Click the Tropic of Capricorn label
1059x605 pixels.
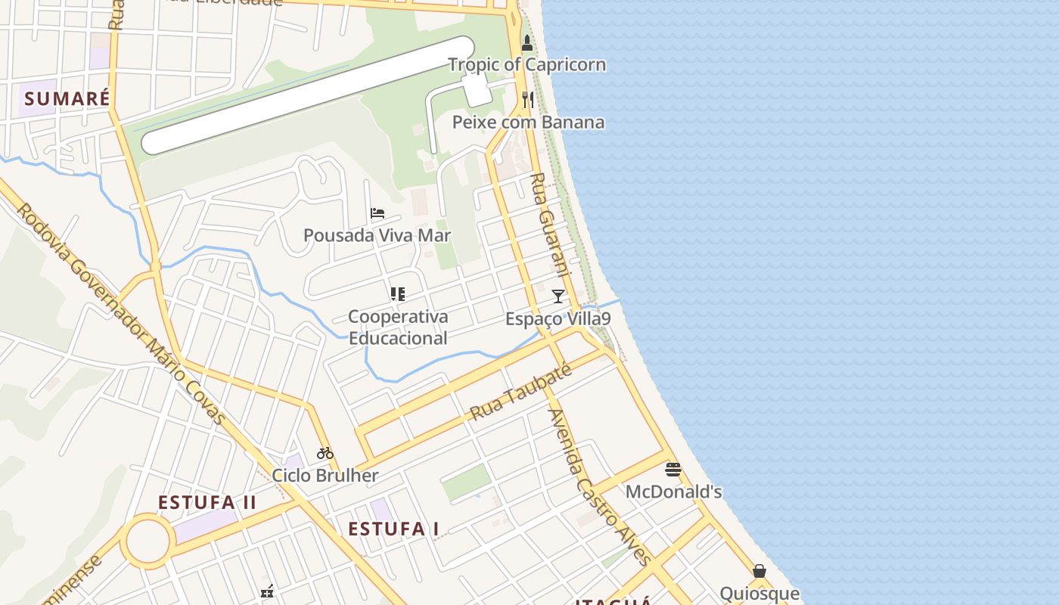(x=527, y=65)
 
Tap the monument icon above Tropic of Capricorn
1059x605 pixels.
(x=527, y=43)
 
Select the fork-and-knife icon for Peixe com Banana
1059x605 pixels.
(x=528, y=99)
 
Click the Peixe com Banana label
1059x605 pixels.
(x=528, y=122)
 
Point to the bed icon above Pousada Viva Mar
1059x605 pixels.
(x=377, y=213)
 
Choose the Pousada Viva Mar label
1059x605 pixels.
(x=377, y=235)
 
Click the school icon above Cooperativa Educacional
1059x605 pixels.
(x=398, y=294)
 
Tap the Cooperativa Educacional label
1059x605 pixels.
(x=398, y=327)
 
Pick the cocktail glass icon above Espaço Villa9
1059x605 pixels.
(x=558, y=296)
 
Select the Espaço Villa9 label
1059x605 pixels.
(x=558, y=318)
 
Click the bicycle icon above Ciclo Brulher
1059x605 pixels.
(x=325, y=453)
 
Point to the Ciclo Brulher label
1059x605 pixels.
(x=325, y=476)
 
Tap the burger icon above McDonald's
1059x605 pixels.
(x=672, y=470)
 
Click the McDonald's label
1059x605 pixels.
(x=673, y=492)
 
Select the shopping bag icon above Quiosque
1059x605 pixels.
(x=759, y=571)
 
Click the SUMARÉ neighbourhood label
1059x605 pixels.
(x=67, y=98)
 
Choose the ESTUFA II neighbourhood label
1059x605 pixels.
(x=207, y=503)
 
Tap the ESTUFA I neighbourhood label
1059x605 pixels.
(x=393, y=529)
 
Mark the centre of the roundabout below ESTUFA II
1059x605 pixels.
(x=147, y=541)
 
